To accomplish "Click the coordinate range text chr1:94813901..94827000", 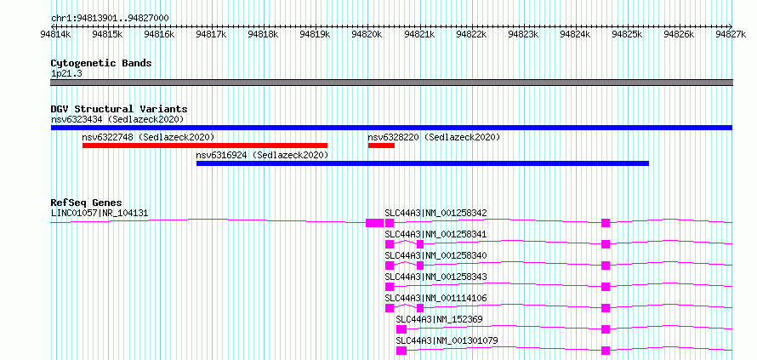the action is tap(110, 18).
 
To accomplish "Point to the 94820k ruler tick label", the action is tap(367, 34).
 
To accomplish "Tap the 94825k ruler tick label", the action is tap(627, 34).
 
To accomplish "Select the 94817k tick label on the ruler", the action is tap(211, 34).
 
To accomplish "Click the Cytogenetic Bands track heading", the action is tap(101, 63).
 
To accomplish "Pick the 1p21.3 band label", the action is tap(66, 73).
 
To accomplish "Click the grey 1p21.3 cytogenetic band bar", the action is tap(391, 83).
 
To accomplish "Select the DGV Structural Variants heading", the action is tap(119, 109).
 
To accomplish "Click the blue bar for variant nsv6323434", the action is tap(391, 128).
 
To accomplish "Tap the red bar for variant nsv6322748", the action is tap(205, 146).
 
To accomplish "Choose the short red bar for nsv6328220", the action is tap(381, 146).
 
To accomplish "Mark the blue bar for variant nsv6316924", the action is tap(423, 163).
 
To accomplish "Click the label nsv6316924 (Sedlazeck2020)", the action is tap(262, 155).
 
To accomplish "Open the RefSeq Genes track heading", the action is tap(87, 203).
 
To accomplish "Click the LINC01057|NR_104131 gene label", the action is tap(100, 213).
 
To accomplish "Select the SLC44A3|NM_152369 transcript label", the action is tap(440, 319).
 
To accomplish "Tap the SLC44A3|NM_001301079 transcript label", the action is tap(447, 340).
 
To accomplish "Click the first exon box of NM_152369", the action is tap(401, 329).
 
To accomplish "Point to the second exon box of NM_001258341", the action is tap(420, 244).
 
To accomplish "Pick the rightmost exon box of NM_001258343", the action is tap(606, 287).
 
